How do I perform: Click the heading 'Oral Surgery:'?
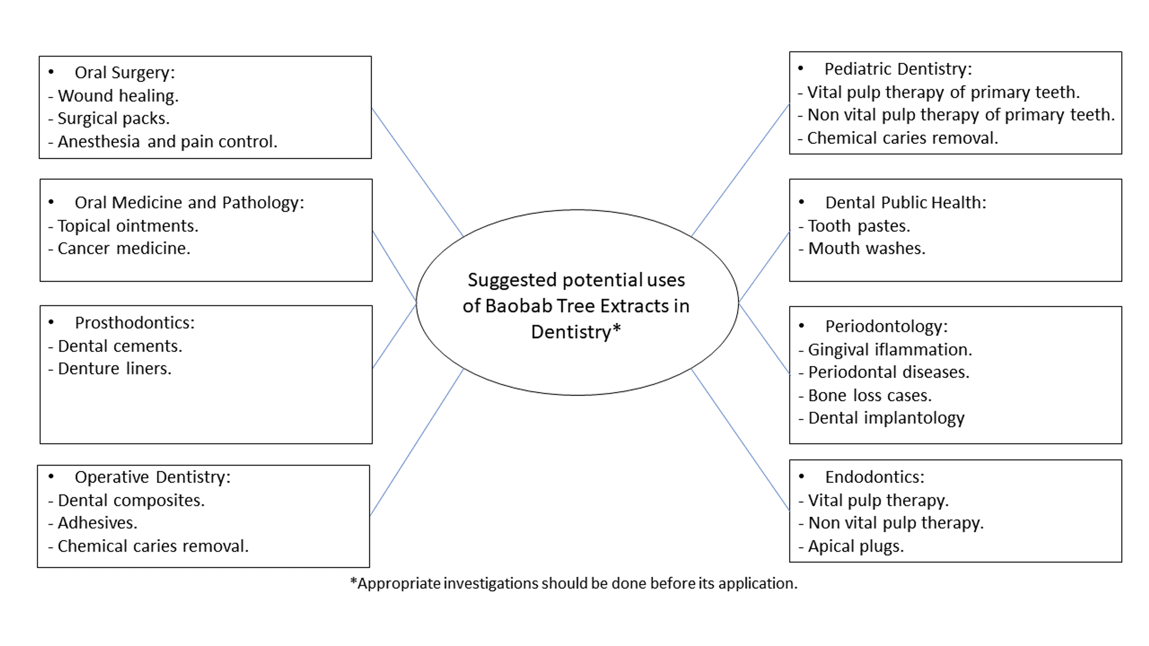coord(124,73)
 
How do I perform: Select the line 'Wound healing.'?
coord(118,96)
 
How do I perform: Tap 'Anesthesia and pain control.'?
coord(167,142)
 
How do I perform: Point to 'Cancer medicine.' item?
coord(124,248)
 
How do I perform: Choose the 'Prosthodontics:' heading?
coord(135,323)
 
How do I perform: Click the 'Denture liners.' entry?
coord(115,369)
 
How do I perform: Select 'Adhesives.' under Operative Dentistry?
coord(98,522)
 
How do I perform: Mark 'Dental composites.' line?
coord(131,500)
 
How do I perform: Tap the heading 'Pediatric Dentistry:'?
coord(897,69)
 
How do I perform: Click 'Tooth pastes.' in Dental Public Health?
coord(859,226)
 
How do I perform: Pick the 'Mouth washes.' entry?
coord(867,248)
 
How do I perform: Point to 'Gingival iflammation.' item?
coord(890,349)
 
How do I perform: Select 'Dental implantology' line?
coord(886,418)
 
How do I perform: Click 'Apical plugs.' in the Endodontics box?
coord(856,546)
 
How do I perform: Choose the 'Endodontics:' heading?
coord(875,477)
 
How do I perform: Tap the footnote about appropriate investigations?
coord(574,583)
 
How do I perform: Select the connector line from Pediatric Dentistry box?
coord(740,170)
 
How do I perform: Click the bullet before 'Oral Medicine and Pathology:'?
coord(51,202)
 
